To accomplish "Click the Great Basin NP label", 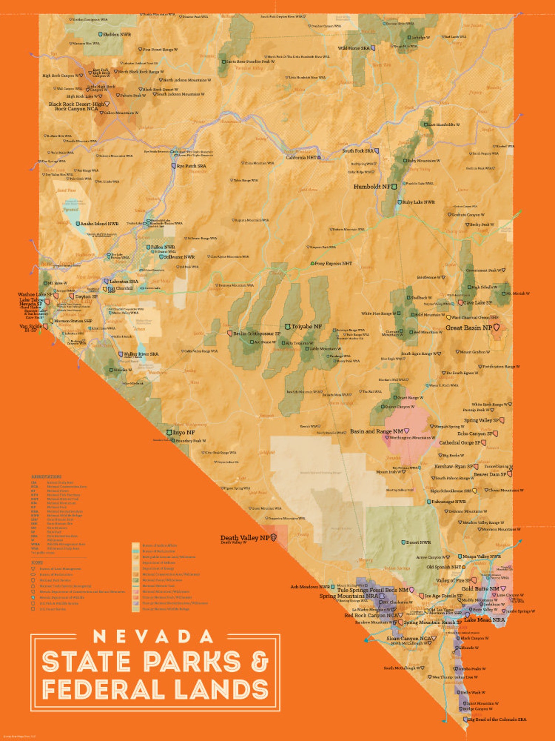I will [x=469, y=328].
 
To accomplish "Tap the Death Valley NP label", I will [x=245, y=538].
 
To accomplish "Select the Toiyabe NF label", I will [x=307, y=326].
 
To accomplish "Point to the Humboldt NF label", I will [x=372, y=187].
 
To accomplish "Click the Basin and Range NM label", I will [x=376, y=431].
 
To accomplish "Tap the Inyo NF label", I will [x=183, y=432].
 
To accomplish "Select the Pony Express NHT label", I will [x=333, y=263].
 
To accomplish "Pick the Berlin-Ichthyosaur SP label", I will [x=257, y=334].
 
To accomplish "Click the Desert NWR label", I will [x=418, y=542].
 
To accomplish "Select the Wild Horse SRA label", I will [x=353, y=48].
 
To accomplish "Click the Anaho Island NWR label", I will [x=99, y=223].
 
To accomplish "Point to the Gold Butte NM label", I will [x=480, y=589].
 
